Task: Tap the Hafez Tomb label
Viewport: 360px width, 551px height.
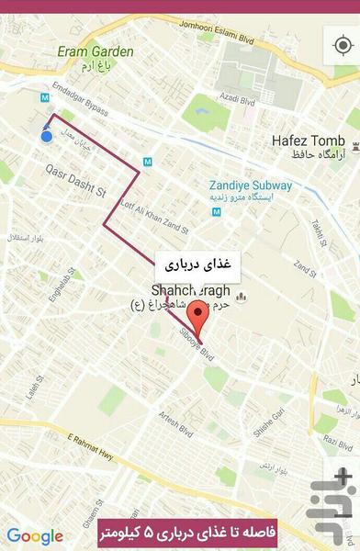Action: [308, 141]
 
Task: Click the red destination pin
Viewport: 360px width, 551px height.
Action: [194, 326]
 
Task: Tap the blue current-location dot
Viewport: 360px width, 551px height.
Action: [47, 136]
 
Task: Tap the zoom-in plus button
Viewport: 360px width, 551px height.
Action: [342, 477]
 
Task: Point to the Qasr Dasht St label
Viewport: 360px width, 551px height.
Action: [76, 181]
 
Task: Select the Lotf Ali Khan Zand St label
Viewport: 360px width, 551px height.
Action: [153, 216]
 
